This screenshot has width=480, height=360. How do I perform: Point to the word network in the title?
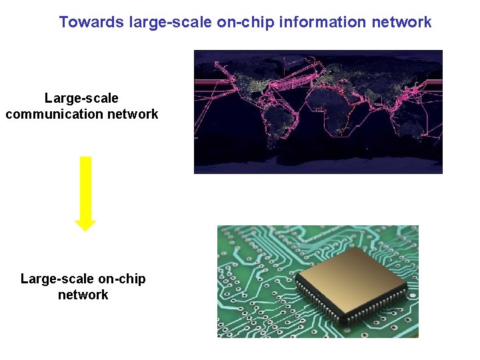click(x=401, y=22)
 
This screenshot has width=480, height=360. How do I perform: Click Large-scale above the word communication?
click(x=81, y=98)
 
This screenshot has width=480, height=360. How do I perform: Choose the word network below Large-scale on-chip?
click(x=83, y=295)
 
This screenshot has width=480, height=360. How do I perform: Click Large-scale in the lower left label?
click(x=57, y=279)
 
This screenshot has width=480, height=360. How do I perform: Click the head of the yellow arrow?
click(x=85, y=223)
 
